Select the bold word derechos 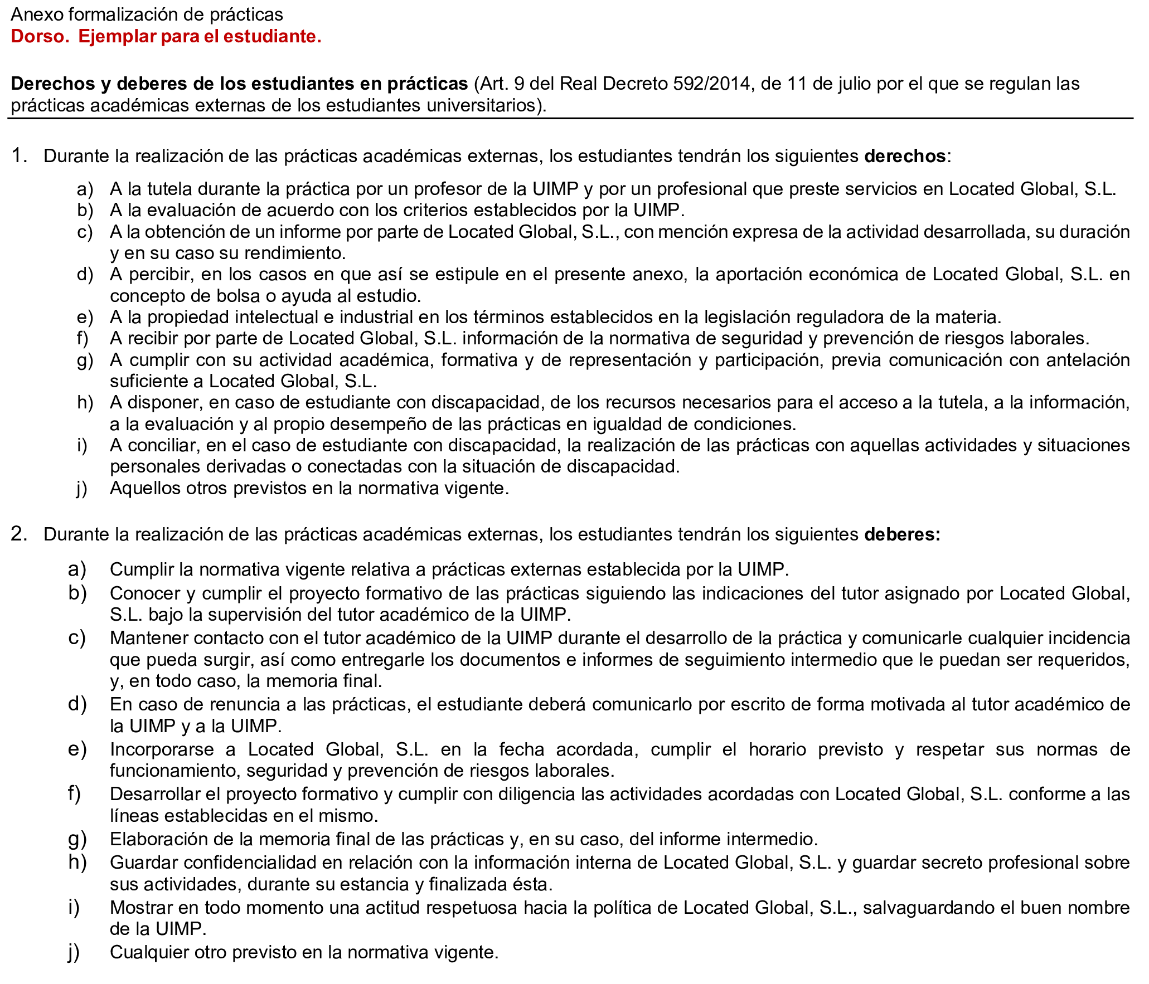click(904, 156)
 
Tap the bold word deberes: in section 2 click(901, 534)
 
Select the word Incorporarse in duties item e click(161, 749)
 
